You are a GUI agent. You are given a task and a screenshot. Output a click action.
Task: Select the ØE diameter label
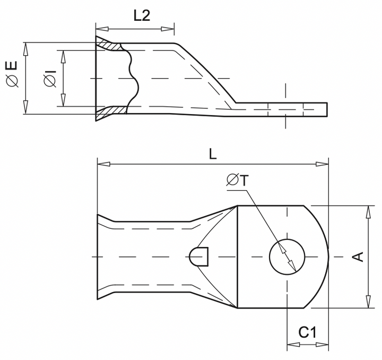(x=12, y=74)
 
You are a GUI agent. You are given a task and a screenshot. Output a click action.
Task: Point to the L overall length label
(x=212, y=153)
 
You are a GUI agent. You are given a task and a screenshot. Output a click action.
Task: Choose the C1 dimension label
(x=307, y=333)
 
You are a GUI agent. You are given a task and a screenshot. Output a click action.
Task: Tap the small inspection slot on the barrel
(x=199, y=256)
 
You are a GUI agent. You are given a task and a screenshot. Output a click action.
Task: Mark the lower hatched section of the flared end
(x=112, y=110)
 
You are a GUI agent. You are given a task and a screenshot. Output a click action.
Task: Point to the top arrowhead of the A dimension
(x=368, y=211)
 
